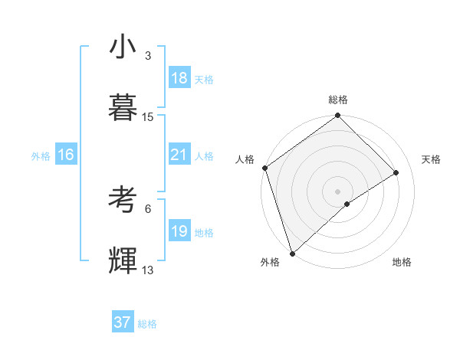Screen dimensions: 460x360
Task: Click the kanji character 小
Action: [123, 47]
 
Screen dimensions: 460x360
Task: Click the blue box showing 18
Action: [179, 78]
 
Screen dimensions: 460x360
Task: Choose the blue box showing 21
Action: [179, 155]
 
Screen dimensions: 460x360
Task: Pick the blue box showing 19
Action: [179, 231]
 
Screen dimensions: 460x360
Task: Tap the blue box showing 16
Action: [66, 155]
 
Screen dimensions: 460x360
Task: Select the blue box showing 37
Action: [123, 322]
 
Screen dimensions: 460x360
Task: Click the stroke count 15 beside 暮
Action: [148, 117]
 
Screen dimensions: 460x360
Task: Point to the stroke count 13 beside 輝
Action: [148, 270]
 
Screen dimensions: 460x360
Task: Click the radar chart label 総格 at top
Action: [338, 100]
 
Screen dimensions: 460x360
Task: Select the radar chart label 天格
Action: [431, 159]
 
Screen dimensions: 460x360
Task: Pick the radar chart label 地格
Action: [402, 263]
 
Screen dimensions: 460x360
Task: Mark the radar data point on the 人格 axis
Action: [264, 168]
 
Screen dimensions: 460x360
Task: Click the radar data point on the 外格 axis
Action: [292, 253]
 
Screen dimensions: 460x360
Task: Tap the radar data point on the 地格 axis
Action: [347, 204]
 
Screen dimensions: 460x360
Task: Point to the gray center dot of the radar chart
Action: [338, 191]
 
